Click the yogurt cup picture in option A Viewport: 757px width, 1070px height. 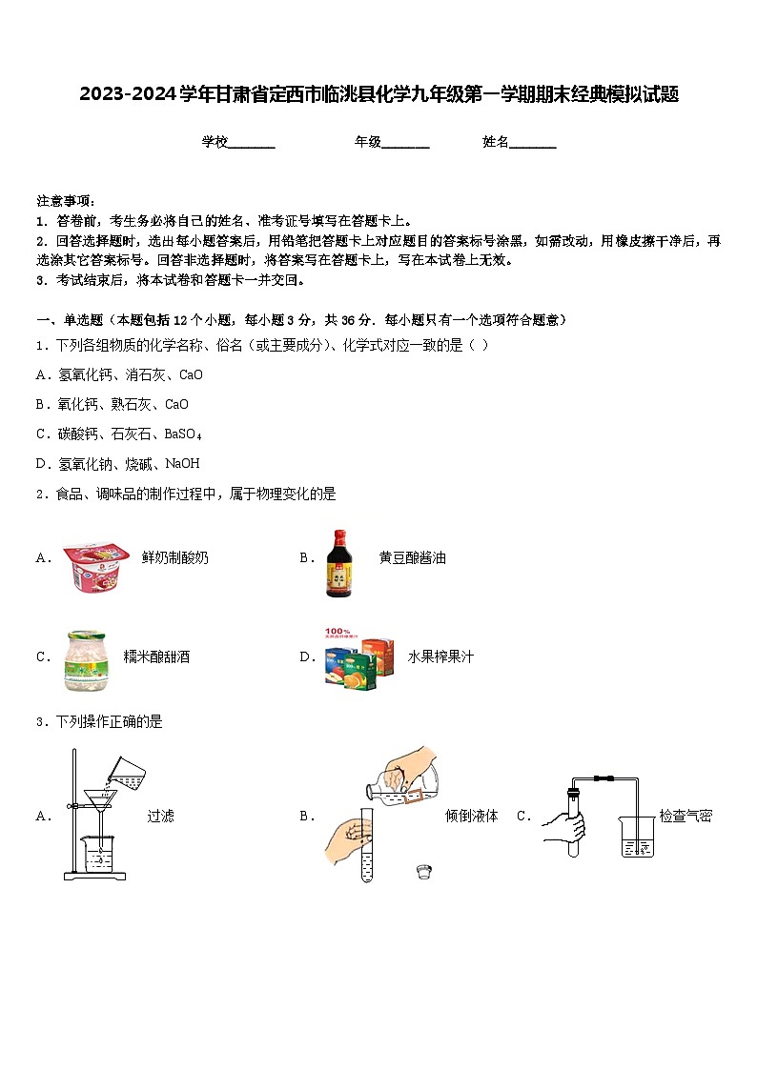tap(96, 566)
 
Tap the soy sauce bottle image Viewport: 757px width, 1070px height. tap(341, 564)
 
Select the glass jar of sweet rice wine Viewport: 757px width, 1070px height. tap(84, 659)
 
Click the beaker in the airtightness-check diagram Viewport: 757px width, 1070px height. tap(636, 835)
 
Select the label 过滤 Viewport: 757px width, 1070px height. tap(161, 816)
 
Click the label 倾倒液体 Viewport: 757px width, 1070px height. tap(472, 816)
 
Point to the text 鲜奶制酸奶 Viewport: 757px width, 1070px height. tap(174, 557)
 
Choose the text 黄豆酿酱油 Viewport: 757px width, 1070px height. tap(412, 557)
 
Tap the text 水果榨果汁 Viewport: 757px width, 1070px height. tap(440, 656)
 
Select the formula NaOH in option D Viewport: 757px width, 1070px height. tap(182, 464)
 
